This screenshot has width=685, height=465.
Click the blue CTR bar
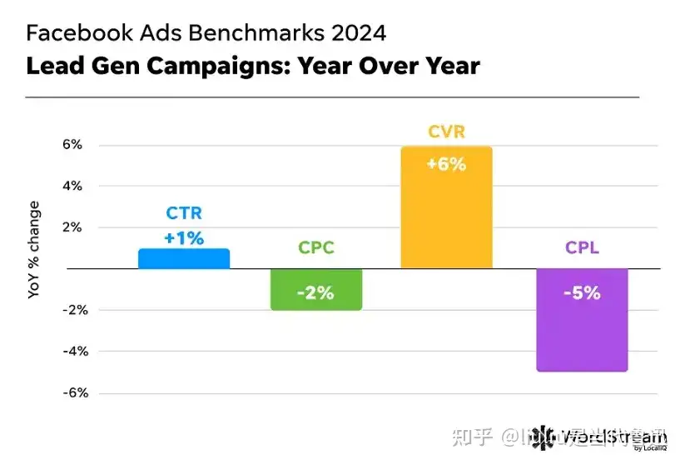click(183, 259)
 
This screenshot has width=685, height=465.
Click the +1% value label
click(184, 238)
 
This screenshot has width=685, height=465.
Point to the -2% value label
click(316, 292)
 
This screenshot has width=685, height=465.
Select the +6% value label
click(446, 164)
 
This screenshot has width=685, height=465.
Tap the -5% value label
click(581, 292)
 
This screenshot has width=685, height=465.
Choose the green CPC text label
click(316, 247)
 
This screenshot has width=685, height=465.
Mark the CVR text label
click(446, 132)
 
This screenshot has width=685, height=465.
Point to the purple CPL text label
click(581, 247)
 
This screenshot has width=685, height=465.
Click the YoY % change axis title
click(34, 250)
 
